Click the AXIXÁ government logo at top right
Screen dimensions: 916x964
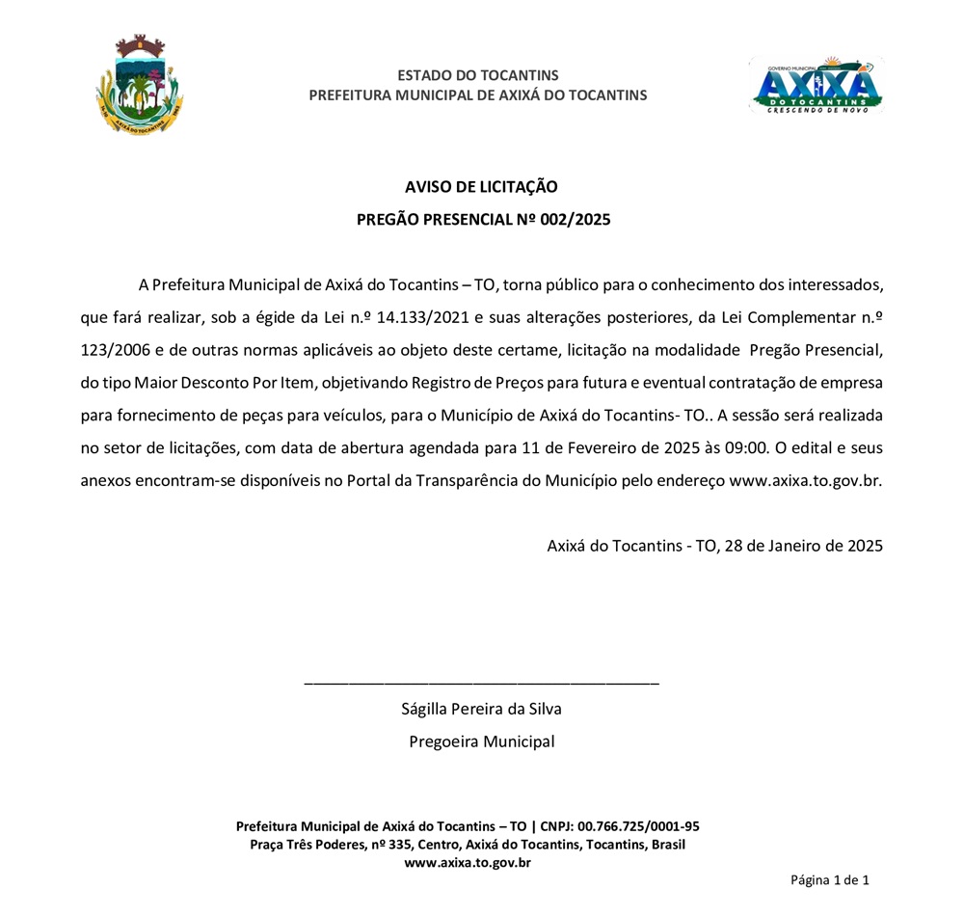[816, 85]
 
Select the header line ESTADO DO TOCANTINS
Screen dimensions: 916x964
[477, 75]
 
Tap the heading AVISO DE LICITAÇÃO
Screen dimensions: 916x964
[481, 187]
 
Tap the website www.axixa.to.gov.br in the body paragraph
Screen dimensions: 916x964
[806, 480]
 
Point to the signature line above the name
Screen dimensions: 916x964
[481, 683]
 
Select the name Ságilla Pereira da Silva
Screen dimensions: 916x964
[481, 710]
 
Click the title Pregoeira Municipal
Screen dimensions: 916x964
[481, 742]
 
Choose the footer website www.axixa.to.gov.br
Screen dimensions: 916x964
[468, 863]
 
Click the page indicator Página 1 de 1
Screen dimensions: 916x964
[830, 880]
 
